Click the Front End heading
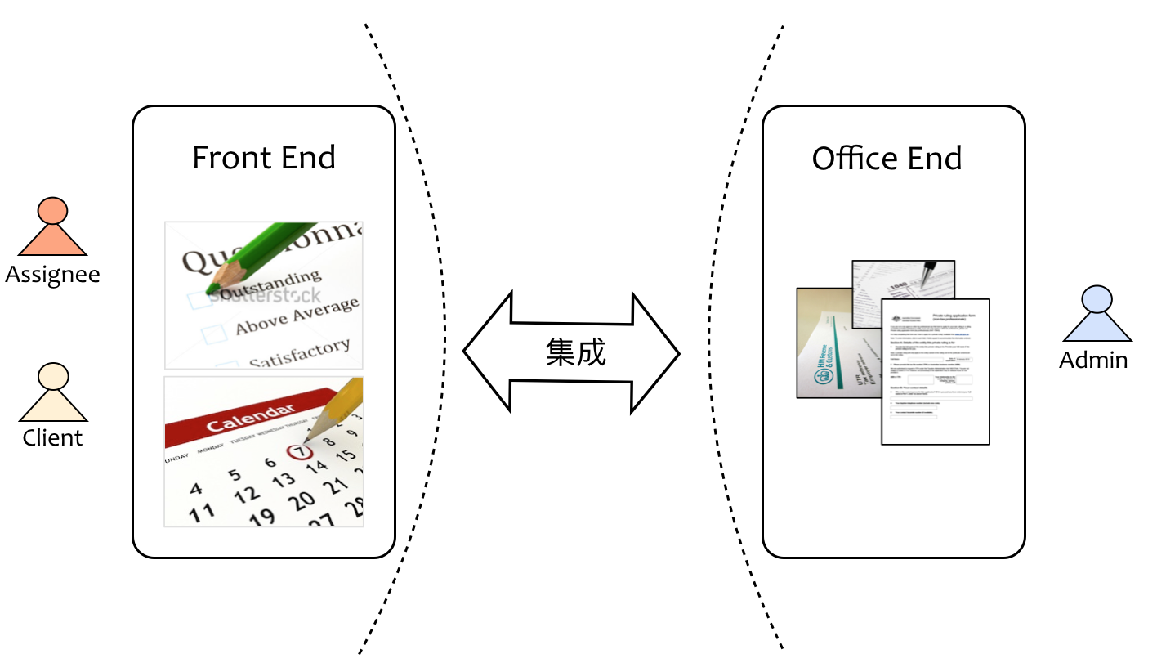coord(264,158)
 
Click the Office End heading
coord(887,158)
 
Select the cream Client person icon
coord(52,393)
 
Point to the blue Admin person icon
coord(1097,315)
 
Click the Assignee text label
coord(52,274)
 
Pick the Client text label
coord(52,438)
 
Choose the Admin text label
coord(1093,360)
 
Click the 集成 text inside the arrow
coord(575,352)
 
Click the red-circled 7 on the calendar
coord(301,450)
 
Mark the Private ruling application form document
coord(936,372)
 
